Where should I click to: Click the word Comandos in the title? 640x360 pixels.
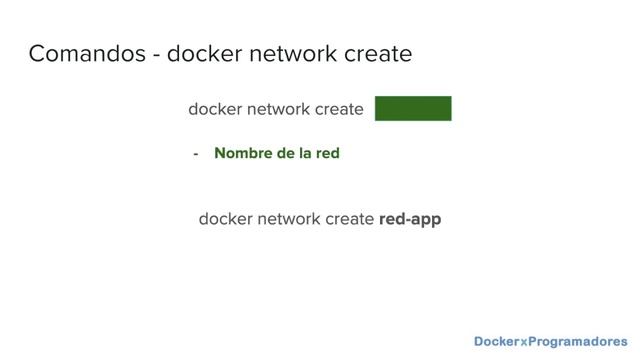point(87,53)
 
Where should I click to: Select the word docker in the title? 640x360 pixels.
point(204,53)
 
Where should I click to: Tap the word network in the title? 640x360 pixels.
point(293,53)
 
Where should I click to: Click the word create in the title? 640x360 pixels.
point(378,54)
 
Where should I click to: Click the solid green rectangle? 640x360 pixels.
point(413,108)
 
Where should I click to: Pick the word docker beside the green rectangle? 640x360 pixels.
point(215,109)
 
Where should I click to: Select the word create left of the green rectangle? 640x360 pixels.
point(339,109)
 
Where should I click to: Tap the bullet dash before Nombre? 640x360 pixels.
point(196,154)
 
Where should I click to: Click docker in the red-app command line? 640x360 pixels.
point(225,219)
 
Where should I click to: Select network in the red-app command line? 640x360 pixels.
point(289,219)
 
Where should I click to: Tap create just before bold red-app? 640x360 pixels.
point(349,219)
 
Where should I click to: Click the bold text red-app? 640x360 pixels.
point(410,220)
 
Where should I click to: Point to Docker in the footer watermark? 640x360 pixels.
point(497,341)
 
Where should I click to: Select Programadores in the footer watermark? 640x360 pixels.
point(578,342)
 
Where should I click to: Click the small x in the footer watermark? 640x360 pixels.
point(524,342)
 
